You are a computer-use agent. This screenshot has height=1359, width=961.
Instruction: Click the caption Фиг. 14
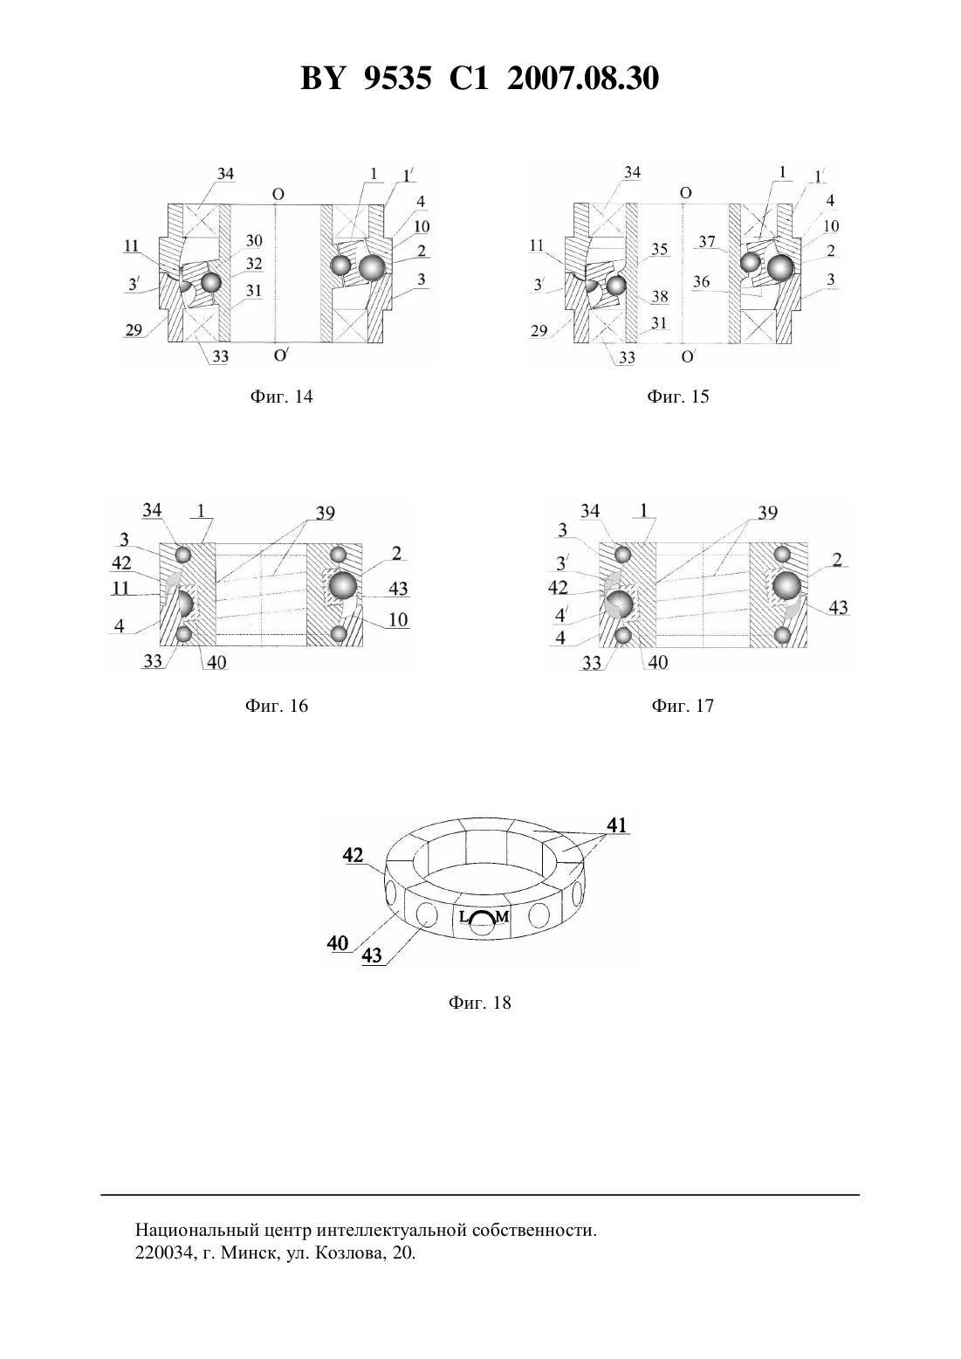click(x=281, y=397)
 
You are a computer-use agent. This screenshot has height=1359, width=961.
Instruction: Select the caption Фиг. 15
click(x=678, y=397)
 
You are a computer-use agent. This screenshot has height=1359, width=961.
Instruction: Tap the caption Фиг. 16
click(x=277, y=706)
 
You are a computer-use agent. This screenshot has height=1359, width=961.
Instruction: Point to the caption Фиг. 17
click(x=683, y=706)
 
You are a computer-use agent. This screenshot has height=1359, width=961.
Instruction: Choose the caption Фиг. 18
click(x=479, y=1003)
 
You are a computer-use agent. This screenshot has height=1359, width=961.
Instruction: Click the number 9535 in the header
click(x=397, y=79)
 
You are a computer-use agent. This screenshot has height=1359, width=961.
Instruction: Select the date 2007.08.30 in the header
click(x=583, y=79)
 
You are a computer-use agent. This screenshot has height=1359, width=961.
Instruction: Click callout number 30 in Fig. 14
click(x=253, y=241)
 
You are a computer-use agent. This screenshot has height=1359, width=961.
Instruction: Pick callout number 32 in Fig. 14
click(x=253, y=264)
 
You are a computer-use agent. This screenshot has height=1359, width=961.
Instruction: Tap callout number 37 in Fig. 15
click(x=708, y=241)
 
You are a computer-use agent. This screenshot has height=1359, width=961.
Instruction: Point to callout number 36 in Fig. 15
click(x=702, y=281)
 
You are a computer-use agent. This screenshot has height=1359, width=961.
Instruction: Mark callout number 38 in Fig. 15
click(x=660, y=296)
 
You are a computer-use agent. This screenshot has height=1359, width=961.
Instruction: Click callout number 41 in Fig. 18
click(x=616, y=824)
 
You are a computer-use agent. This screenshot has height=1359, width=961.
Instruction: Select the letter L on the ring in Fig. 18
click(x=463, y=917)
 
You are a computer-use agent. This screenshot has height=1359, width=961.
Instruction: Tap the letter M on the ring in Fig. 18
click(x=502, y=917)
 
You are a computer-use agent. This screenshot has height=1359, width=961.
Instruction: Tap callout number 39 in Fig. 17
click(x=767, y=514)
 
